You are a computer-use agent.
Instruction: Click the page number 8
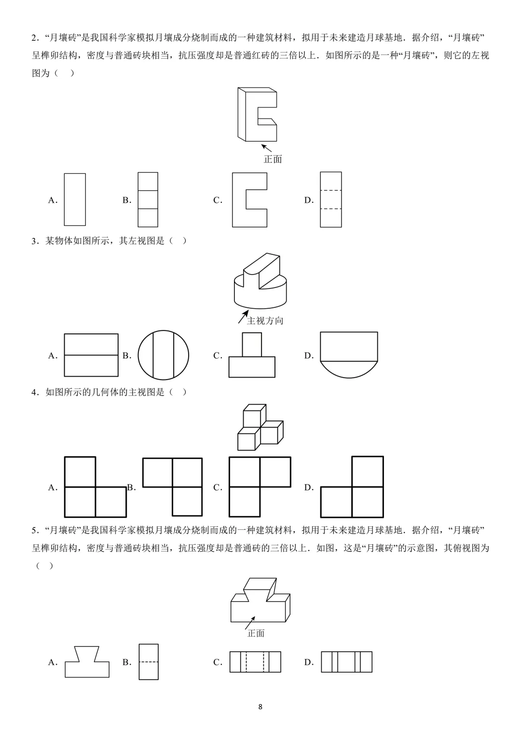pos(260,707)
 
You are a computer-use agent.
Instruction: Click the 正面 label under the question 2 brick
pos(273,159)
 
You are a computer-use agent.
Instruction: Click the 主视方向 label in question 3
pos(265,321)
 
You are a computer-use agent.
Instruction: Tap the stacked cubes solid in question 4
pos(260,427)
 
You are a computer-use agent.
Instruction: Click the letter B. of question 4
pos(131,487)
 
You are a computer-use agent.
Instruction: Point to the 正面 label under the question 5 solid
pos(256,633)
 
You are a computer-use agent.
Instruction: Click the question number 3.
pos(34,241)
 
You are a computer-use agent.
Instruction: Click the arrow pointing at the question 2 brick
pos(267,148)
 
